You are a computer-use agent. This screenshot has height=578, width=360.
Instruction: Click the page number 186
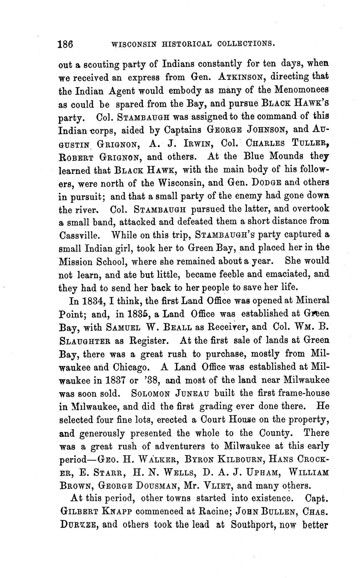coord(66,44)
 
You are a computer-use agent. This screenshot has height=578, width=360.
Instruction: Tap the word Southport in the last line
coord(252,525)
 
